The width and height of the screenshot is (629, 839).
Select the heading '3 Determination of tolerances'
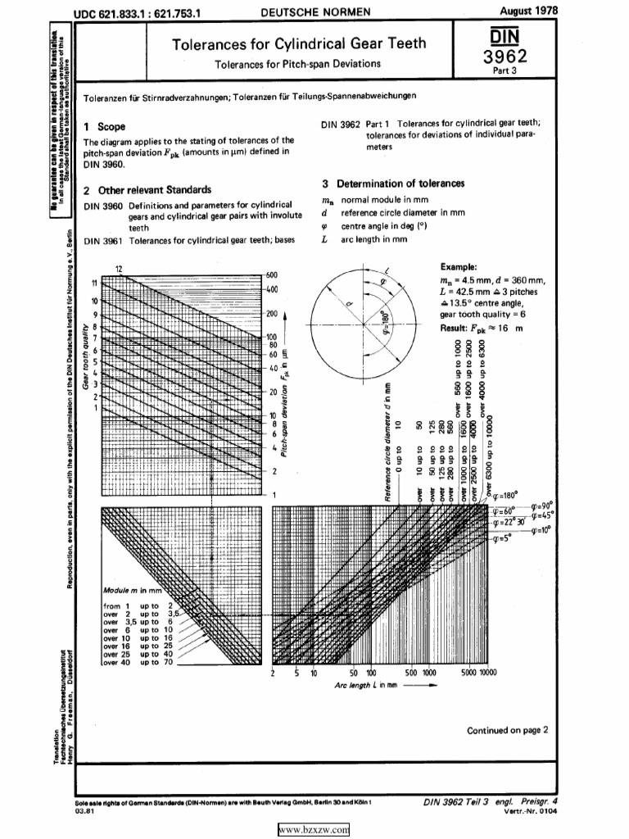(393, 183)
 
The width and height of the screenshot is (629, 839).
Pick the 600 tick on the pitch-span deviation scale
(272, 274)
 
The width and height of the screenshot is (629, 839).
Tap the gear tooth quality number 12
(119, 270)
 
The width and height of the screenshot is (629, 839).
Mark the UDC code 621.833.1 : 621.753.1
(144, 12)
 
